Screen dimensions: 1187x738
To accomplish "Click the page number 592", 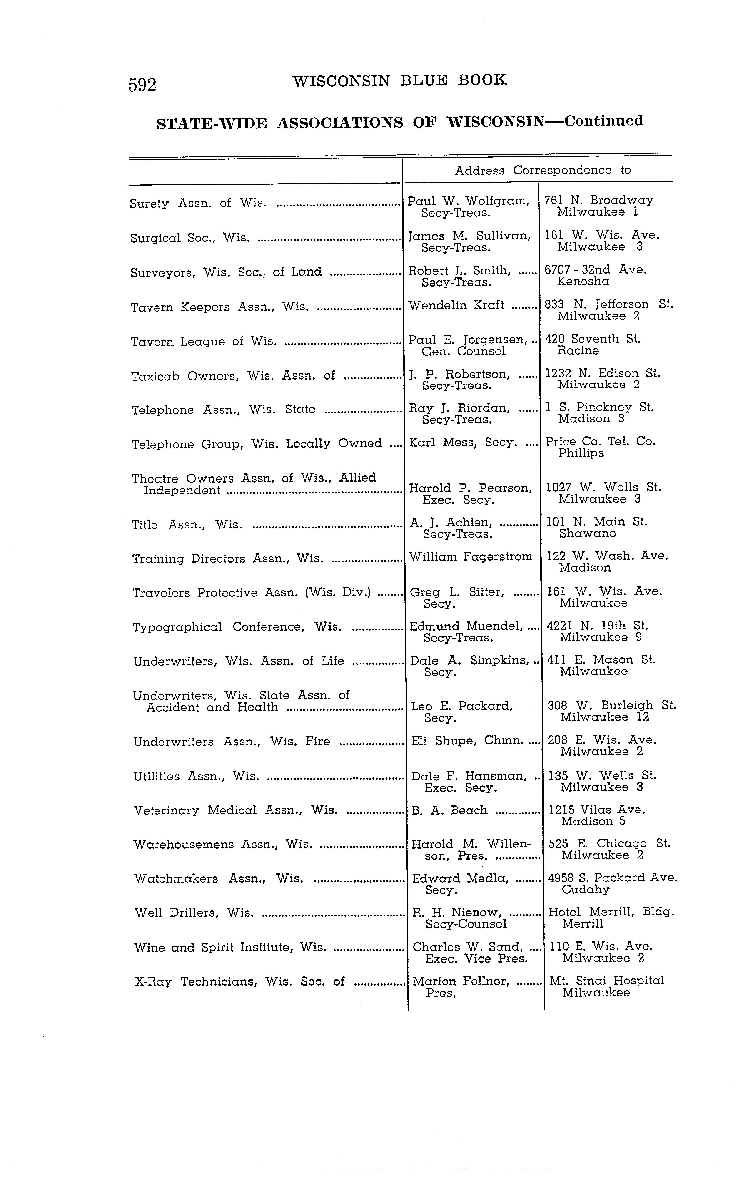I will pos(142,85).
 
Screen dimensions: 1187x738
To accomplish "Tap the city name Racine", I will pos(578,351).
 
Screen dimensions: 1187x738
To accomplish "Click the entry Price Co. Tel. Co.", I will pos(600,442).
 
